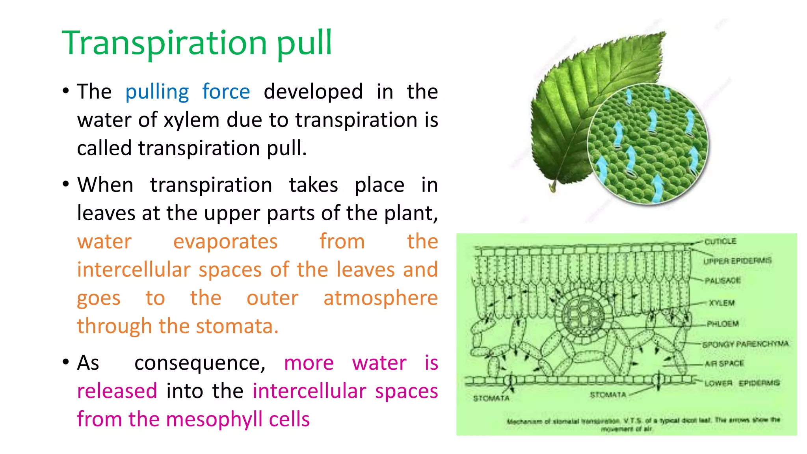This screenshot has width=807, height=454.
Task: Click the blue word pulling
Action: tap(157, 92)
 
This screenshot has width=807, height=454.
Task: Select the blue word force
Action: tap(226, 92)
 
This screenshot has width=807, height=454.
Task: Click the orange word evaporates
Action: tap(225, 242)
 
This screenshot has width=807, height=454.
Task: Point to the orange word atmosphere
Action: tap(380, 298)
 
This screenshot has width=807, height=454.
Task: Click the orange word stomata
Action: tap(236, 326)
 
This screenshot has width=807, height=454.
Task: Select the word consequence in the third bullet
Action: tap(199, 363)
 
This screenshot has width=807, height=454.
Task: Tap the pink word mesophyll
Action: tap(215, 419)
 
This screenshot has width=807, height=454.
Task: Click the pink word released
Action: tap(117, 391)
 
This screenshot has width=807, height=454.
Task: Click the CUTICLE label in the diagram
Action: tap(720, 241)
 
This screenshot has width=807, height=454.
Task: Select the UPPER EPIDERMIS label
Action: tap(737, 261)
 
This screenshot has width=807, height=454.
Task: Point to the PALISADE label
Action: tap(722, 281)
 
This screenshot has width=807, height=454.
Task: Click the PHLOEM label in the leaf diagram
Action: tap(722, 324)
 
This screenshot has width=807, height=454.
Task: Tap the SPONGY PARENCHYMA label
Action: tap(745, 344)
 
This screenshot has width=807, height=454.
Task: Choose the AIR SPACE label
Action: tap(724, 363)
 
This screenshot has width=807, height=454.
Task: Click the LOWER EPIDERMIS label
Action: tap(742, 383)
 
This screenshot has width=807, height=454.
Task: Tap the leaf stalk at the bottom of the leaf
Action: tap(553, 186)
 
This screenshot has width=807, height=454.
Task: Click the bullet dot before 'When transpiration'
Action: tap(66, 184)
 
